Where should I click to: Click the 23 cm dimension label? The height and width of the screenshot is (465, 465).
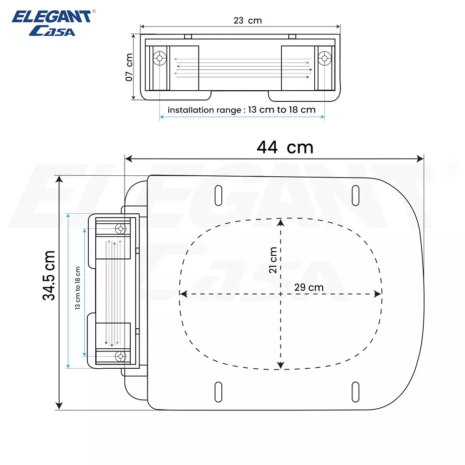[248, 20]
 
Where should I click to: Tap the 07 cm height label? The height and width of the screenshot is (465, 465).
[129, 67]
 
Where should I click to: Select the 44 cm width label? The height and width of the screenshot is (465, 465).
[285, 147]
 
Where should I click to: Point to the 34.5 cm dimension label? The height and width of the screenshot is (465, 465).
[49, 275]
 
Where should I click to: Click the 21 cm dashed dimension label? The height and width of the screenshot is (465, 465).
[273, 260]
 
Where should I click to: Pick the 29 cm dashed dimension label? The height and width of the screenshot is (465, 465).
[309, 287]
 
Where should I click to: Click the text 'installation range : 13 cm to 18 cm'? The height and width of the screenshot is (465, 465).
[241, 110]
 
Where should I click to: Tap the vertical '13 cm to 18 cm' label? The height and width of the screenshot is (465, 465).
[78, 288]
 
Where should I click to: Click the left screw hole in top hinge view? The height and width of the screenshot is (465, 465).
[160, 59]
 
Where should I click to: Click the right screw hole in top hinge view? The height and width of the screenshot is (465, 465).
[324, 58]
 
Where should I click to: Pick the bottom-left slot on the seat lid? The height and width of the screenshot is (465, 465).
[218, 392]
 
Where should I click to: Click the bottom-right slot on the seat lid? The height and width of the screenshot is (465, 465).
[355, 392]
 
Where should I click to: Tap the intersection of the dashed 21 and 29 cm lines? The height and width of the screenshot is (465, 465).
[280, 294]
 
